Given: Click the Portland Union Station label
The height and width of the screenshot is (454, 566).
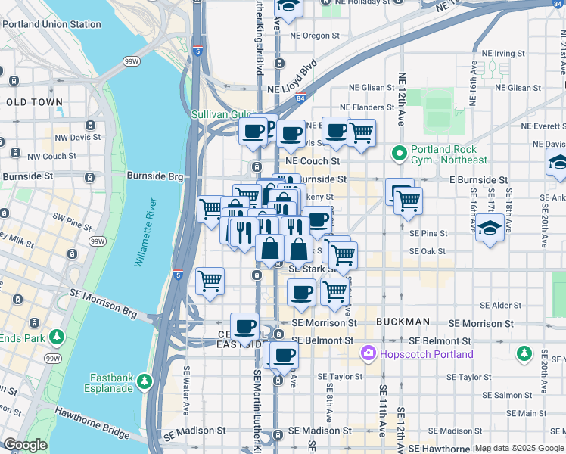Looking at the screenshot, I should (x=51, y=24).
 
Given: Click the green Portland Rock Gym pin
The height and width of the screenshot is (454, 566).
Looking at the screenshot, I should (x=400, y=154).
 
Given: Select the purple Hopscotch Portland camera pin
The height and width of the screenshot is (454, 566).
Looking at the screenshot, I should (x=369, y=353).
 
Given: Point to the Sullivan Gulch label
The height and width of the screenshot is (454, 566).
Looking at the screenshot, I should (x=219, y=114).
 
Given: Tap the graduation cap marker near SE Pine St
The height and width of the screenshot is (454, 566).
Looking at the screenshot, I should (x=490, y=226).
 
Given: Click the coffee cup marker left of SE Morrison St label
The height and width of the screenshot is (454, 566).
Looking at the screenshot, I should (x=244, y=326).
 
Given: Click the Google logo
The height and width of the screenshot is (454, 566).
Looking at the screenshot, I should (x=25, y=445).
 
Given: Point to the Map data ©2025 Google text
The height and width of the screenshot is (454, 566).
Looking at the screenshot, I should (x=518, y=448).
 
